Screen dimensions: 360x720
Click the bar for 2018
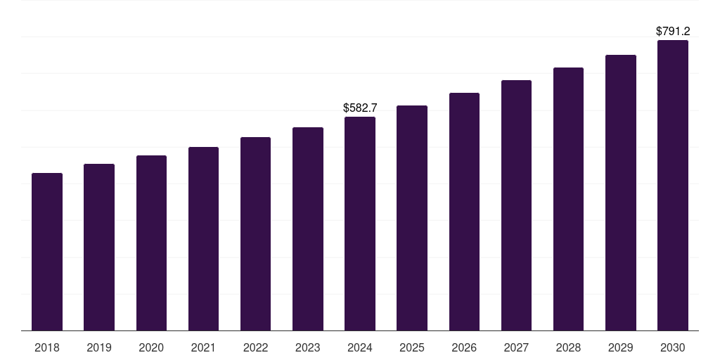(47, 252)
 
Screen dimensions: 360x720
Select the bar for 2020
(151, 243)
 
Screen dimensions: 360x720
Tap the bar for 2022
(255, 233)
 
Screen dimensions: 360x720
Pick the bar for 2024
(360, 224)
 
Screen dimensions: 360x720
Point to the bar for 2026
(464, 212)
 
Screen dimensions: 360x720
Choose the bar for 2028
(568, 199)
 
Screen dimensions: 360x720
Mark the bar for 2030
(672, 185)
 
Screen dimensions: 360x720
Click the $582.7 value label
(360, 108)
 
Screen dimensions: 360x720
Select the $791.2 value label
(672, 31)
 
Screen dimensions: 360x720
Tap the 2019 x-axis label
(99, 347)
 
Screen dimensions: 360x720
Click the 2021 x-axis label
(203, 347)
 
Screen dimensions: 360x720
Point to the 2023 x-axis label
(307, 347)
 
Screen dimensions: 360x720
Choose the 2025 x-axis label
(412, 347)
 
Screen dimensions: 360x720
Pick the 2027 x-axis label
(516, 347)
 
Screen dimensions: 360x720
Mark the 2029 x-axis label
(620, 347)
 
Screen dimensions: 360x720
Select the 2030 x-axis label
(672, 347)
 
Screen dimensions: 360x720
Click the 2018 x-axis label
(47, 347)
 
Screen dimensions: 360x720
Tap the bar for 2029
(620, 193)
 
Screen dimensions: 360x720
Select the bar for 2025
(412, 218)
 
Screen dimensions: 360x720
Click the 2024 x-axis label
(360, 347)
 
